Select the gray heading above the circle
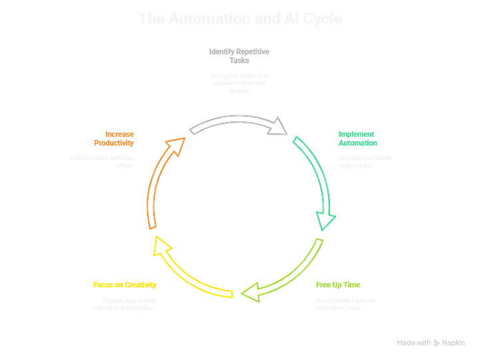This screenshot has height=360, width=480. coord(240,51)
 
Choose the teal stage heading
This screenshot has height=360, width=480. coord(359,138)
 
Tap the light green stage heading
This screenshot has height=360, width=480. coord(338,285)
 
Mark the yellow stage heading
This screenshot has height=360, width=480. coord(125,285)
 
